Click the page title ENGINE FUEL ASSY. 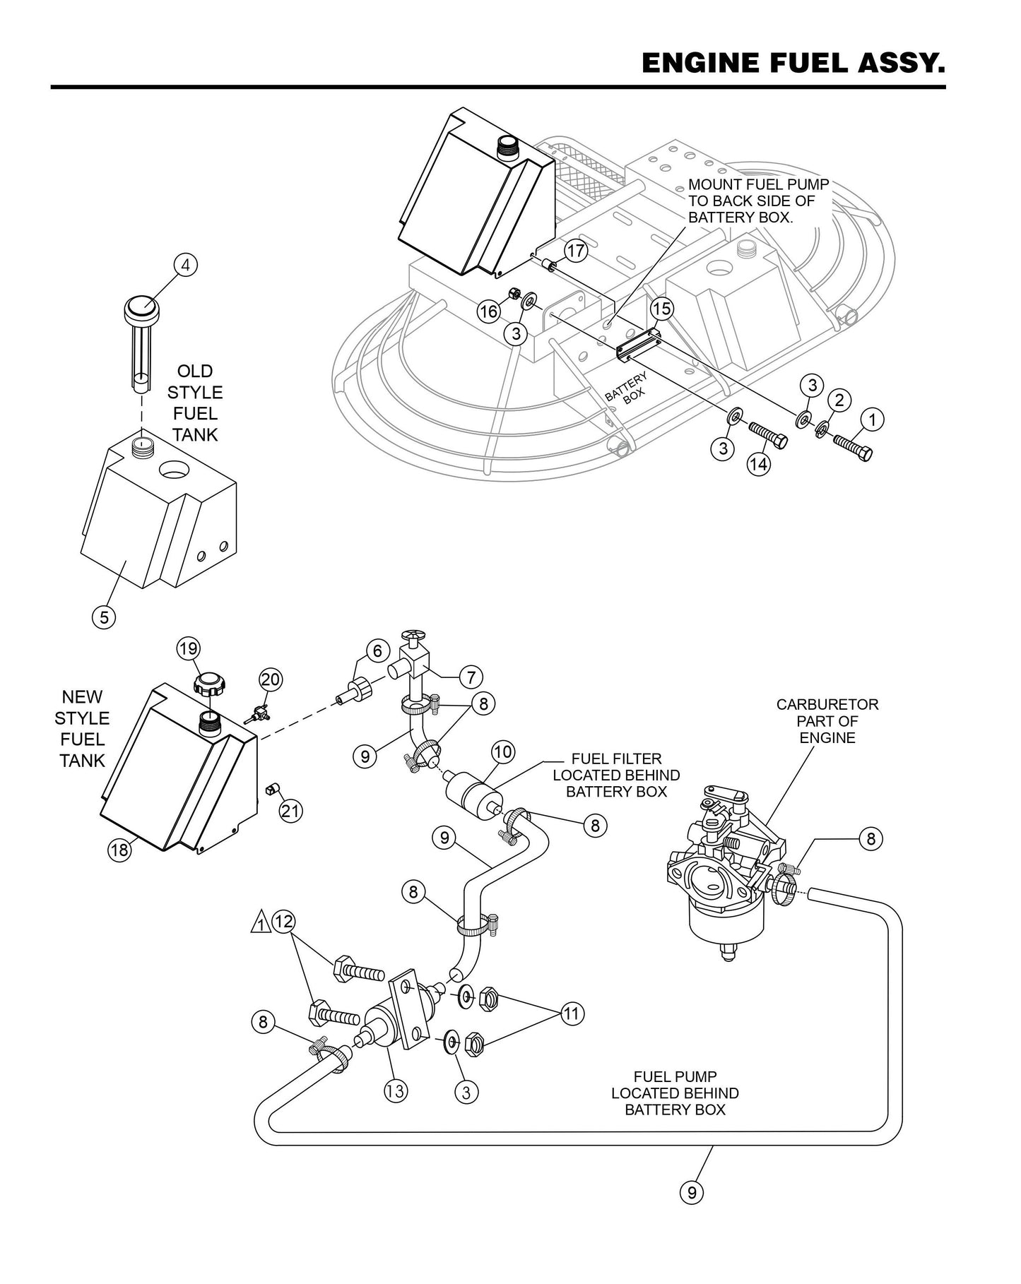coord(793,63)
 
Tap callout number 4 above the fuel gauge coord(185,265)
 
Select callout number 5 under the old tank coord(104,617)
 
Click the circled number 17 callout coord(577,251)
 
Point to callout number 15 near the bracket coord(661,309)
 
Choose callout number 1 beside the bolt coord(872,420)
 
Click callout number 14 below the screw coord(759,464)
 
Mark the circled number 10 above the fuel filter coord(502,751)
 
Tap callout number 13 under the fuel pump coord(395,1090)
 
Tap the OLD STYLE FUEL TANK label coord(195,403)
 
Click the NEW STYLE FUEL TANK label coord(82,729)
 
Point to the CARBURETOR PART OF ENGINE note coord(827,721)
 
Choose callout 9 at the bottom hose coord(692,1192)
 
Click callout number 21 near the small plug coord(290,811)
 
